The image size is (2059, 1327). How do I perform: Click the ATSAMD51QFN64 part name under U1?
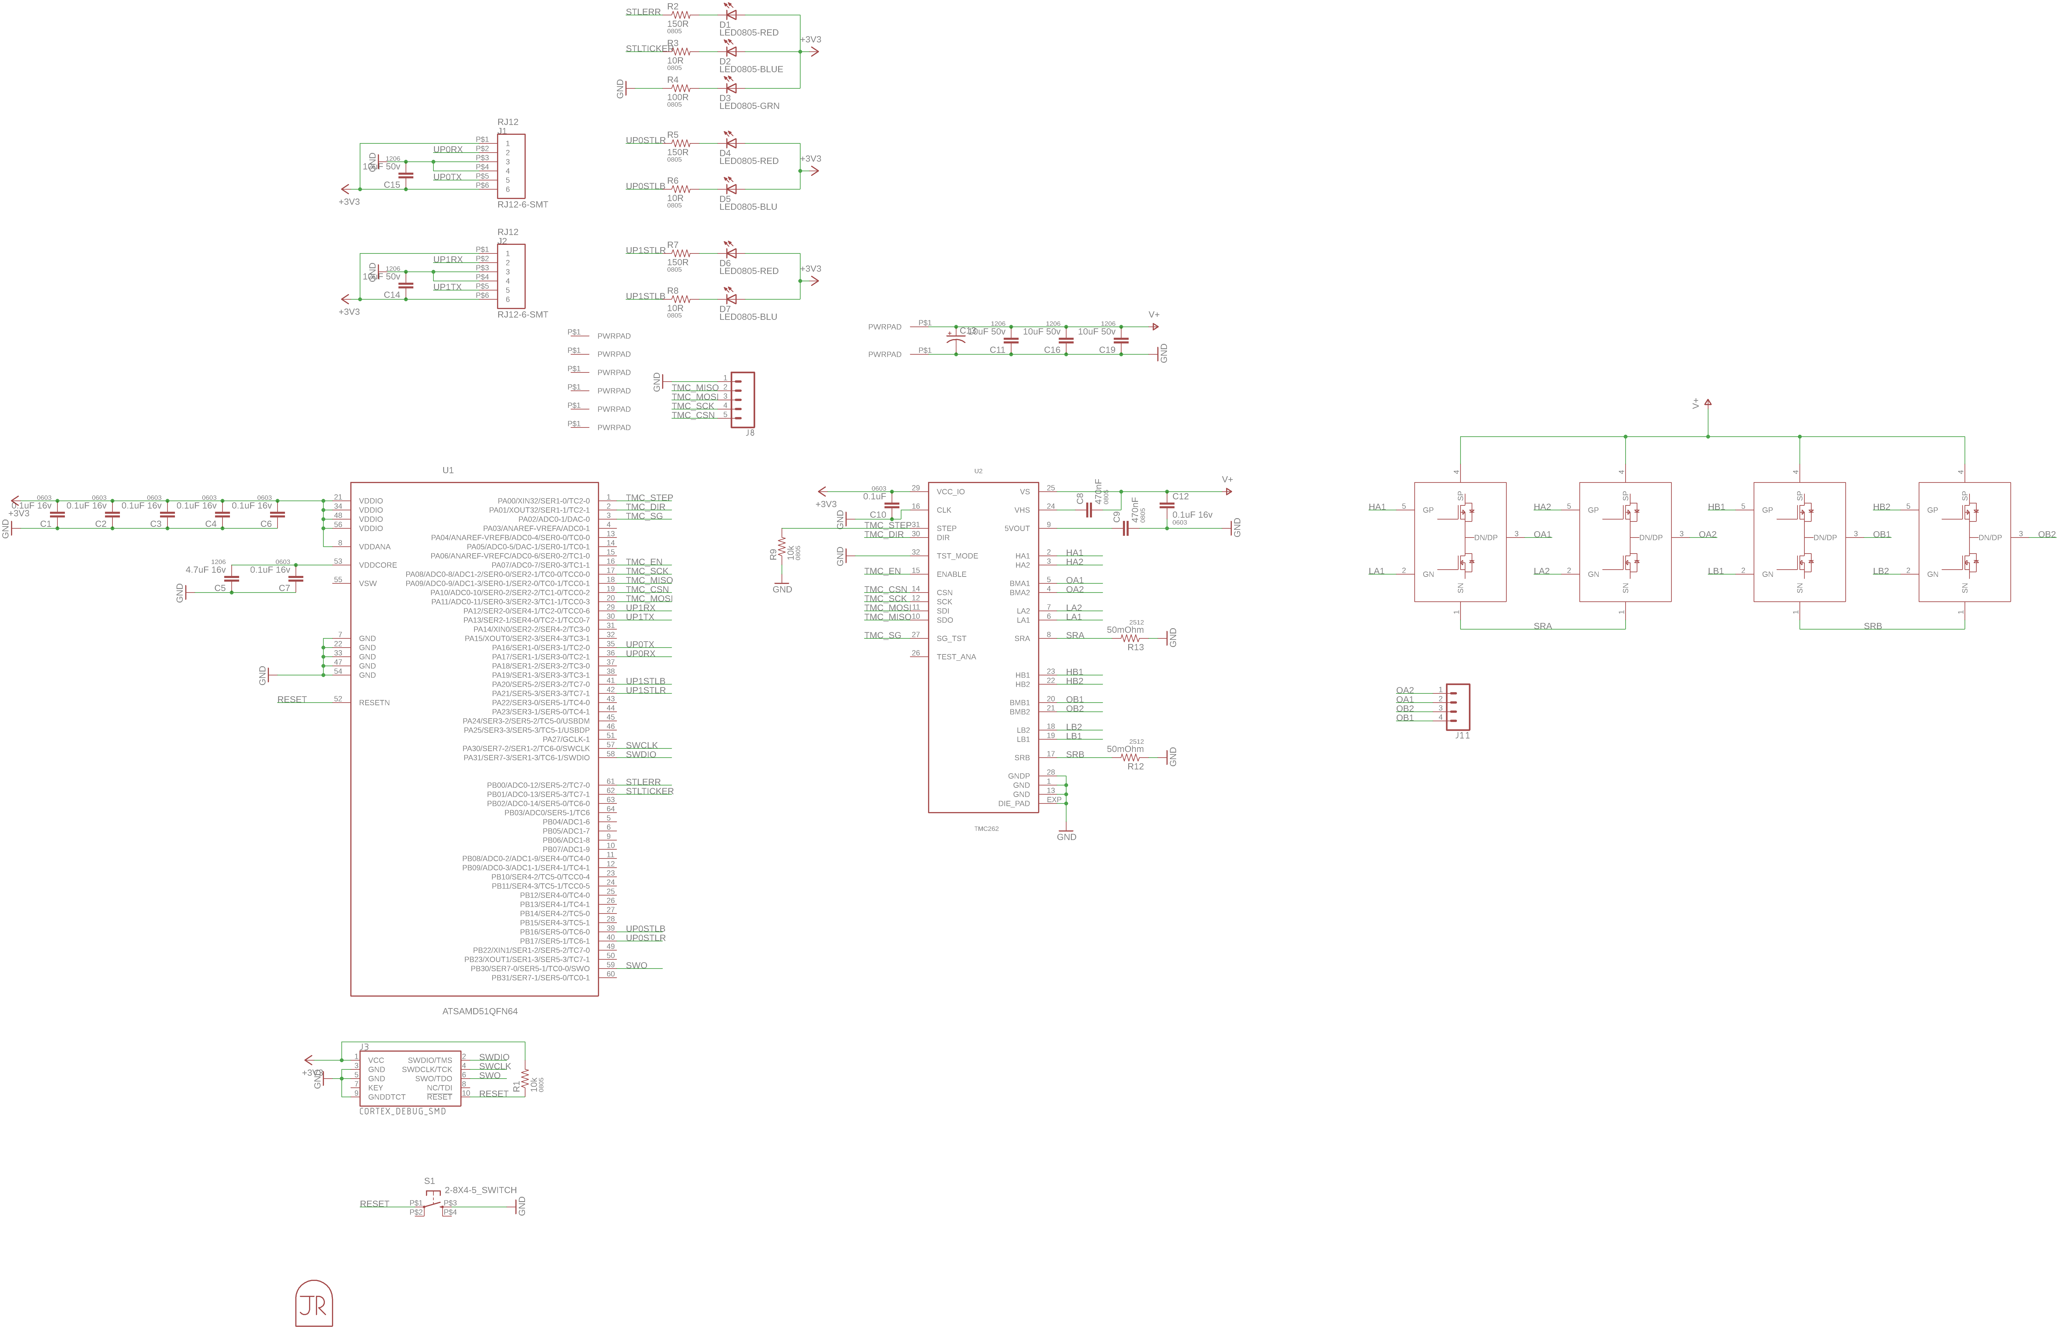[x=480, y=1011]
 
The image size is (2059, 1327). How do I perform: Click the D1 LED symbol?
[x=731, y=15]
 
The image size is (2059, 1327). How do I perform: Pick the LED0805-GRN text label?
[x=749, y=106]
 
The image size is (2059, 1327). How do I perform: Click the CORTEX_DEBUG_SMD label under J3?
[x=402, y=1111]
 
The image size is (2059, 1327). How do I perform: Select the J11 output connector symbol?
[x=1458, y=707]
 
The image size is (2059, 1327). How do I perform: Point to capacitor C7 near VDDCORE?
[x=296, y=578]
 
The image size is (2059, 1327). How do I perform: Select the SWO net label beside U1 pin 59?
[x=636, y=965]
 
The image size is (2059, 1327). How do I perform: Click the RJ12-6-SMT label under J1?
[x=522, y=204]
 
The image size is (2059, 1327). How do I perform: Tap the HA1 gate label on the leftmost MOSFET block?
[x=1377, y=507]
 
